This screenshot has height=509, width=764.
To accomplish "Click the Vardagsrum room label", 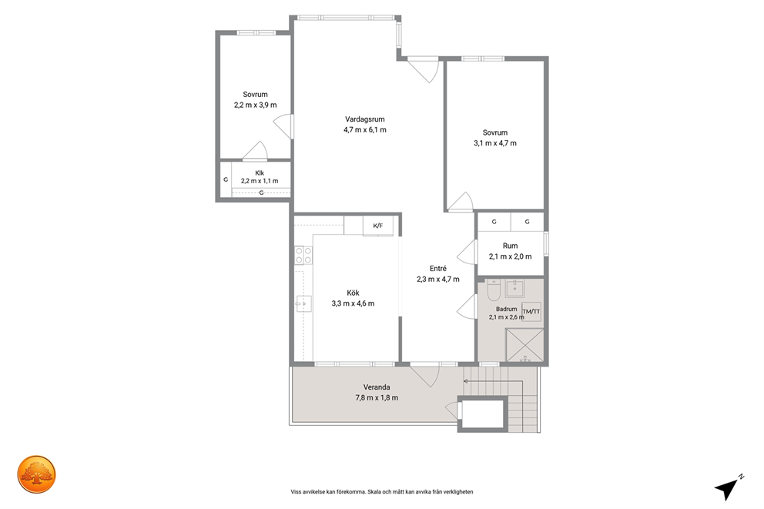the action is (365, 119).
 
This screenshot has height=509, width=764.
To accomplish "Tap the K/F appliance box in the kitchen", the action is (378, 226).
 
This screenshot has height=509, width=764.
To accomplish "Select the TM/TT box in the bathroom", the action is (531, 312).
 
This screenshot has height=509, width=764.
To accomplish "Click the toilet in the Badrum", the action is (494, 290).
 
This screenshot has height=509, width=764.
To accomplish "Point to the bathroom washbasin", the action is (514, 288).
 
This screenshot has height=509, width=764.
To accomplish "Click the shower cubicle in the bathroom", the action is (524, 345).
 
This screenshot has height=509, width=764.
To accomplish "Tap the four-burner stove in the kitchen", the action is (303, 255).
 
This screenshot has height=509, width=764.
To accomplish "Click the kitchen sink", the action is (303, 304).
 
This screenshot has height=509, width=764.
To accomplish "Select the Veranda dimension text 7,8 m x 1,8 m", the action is (377, 398).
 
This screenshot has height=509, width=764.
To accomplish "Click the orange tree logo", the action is (37, 474).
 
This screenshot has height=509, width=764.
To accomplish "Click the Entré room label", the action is (438, 269).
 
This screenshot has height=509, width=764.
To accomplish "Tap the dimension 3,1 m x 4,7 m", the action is (495, 143).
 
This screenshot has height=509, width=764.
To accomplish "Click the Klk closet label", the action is (260, 173).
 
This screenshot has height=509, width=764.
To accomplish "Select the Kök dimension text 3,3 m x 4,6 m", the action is (354, 303).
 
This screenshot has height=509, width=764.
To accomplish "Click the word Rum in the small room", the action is (510, 246).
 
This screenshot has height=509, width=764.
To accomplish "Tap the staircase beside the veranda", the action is (501, 400).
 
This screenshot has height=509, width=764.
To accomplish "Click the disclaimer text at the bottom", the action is (382, 492).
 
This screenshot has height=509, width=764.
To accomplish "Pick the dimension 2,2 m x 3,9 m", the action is (256, 105).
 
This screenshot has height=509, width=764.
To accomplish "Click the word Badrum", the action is (506, 309).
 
